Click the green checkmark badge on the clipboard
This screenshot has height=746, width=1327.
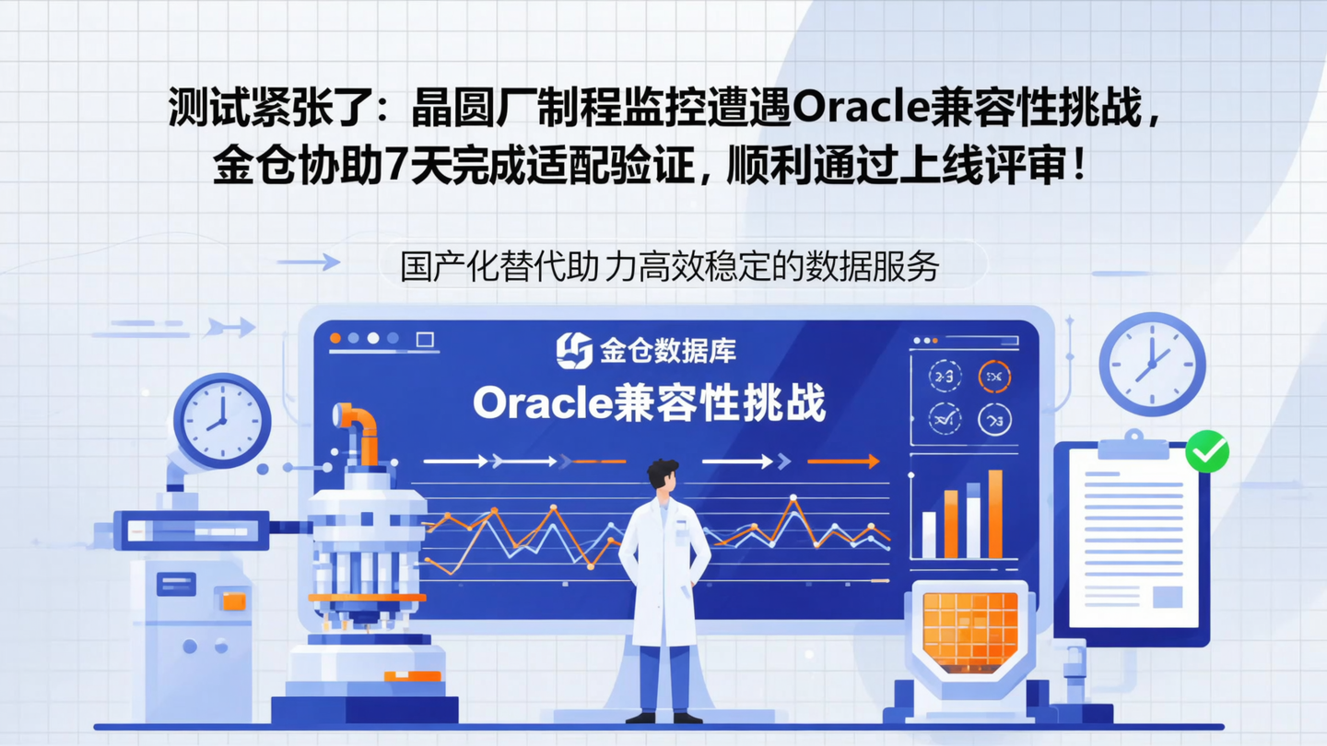1206,450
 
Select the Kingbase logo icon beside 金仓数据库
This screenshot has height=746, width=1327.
574,350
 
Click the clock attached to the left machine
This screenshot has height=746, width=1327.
222,421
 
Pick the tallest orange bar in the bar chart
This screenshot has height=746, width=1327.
995,514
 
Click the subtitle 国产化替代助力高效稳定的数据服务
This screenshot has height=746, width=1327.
670,266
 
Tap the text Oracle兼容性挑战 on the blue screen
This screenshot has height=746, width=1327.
650,402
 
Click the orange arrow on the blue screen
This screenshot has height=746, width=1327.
843,461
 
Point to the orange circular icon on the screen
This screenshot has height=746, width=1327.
994,376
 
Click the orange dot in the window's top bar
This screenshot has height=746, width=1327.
335,339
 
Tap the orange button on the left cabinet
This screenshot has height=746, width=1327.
234,600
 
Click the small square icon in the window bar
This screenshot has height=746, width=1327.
425,340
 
